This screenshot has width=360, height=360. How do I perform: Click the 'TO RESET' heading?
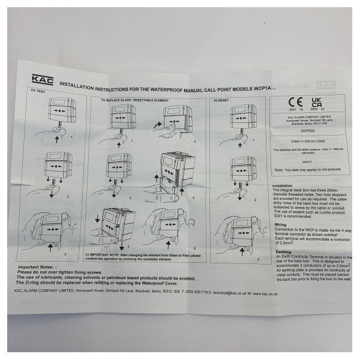pyautogui.click(x=225, y=100)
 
